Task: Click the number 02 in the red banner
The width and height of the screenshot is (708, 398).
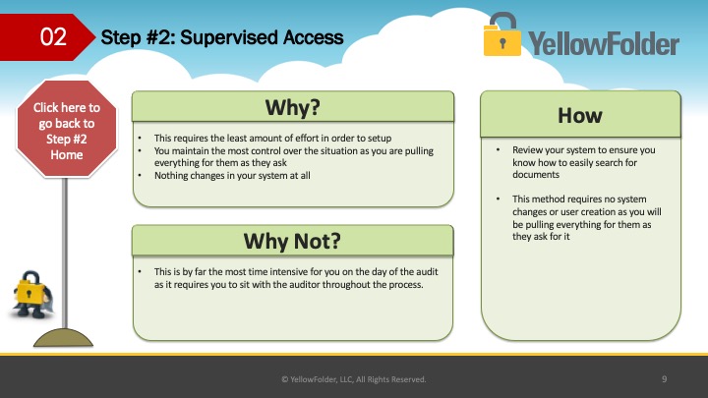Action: pyautogui.click(x=53, y=37)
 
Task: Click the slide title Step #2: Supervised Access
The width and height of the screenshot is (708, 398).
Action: pyautogui.click(x=222, y=37)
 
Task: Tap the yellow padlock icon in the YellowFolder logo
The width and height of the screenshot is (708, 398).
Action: pyautogui.click(x=501, y=34)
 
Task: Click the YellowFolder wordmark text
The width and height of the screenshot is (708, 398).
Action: pyautogui.click(x=604, y=43)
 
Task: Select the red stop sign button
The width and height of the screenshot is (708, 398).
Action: pyautogui.click(x=67, y=129)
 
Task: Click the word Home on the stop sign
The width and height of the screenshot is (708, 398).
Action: pyautogui.click(x=67, y=155)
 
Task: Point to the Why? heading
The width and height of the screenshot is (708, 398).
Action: pyautogui.click(x=293, y=107)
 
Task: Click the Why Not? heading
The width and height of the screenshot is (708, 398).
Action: pyautogui.click(x=292, y=241)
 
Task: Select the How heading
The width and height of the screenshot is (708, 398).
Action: pyautogui.click(x=580, y=116)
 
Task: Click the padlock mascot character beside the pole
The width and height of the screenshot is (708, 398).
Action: pyautogui.click(x=31, y=295)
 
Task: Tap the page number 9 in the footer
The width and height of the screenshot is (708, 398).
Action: pyautogui.click(x=664, y=379)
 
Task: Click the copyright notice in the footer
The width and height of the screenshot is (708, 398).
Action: pyautogui.click(x=354, y=379)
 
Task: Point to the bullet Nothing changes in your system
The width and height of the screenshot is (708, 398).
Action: pyautogui.click(x=232, y=176)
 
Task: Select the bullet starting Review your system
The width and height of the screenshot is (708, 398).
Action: pyautogui.click(x=583, y=162)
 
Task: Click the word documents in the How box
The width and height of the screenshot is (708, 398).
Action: pyautogui.click(x=536, y=175)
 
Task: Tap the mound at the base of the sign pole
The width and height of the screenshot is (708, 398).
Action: pyautogui.click(x=63, y=337)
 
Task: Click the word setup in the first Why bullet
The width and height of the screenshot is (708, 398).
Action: pyautogui.click(x=380, y=139)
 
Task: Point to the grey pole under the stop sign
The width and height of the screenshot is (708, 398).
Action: pyautogui.click(x=65, y=253)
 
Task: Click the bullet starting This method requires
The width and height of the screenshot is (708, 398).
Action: pyautogui.click(x=586, y=217)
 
